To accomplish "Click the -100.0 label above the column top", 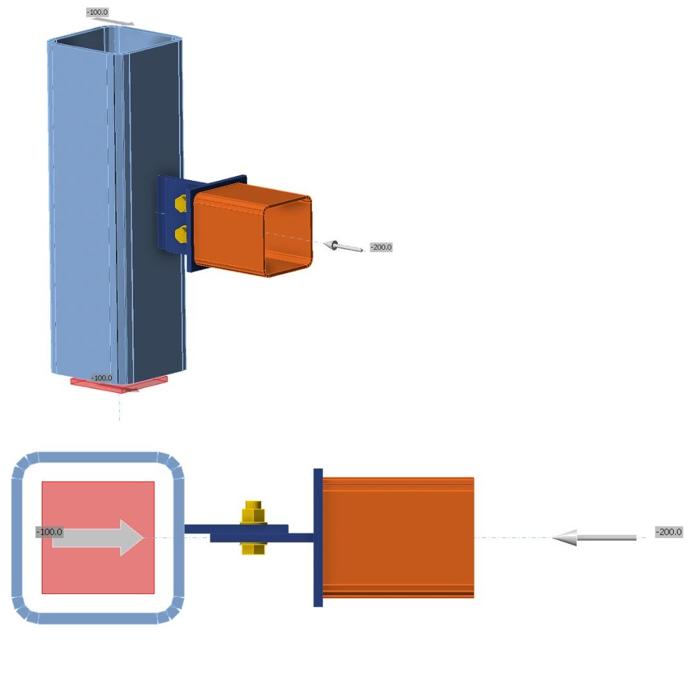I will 97,12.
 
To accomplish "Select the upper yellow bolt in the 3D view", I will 181,205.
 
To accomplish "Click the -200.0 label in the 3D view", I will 381,247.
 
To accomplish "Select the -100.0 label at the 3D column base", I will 102,378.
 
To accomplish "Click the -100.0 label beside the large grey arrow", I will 49,532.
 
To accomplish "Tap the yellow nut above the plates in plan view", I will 253,513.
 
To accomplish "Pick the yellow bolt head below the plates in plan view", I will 253,548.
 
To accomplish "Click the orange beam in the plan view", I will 398,537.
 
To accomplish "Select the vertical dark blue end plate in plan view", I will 318,537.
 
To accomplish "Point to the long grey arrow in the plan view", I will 595,538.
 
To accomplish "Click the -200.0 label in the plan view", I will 669,532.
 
